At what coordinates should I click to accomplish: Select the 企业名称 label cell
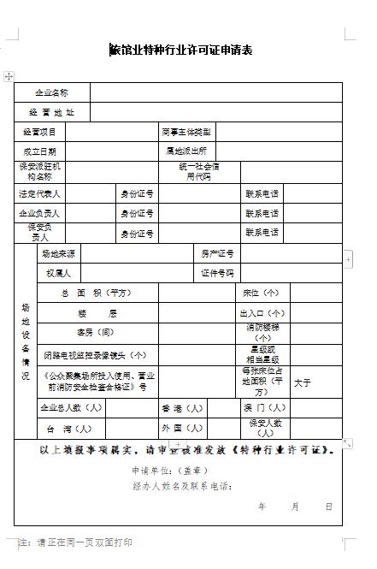51,92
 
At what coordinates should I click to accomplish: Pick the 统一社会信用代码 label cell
198,171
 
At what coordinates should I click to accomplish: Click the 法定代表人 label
39,193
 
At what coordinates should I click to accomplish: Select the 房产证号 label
217,253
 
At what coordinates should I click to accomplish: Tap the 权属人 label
58,273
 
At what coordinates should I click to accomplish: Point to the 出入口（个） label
262,313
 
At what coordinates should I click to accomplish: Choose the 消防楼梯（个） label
262,333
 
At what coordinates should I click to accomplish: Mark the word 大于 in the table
303,382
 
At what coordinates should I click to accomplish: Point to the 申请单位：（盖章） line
171,471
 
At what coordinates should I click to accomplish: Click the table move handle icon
9,76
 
